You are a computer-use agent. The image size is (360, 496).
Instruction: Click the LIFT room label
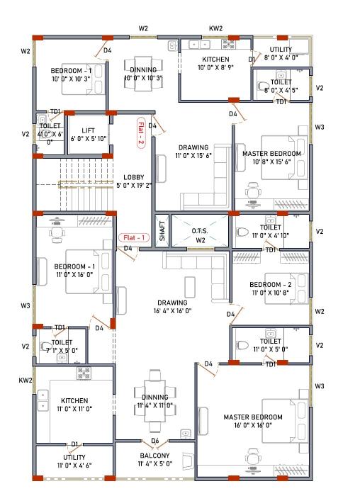[x=88, y=130]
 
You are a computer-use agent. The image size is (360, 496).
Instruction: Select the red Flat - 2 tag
[x=141, y=133]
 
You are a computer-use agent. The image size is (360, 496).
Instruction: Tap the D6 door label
[x=154, y=441]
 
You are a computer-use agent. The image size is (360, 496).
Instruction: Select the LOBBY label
[x=134, y=177]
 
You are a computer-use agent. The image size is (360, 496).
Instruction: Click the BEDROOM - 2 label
[x=270, y=284]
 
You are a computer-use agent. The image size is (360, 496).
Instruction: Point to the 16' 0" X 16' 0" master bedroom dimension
[x=253, y=425]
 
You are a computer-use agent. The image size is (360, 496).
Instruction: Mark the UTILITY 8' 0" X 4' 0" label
[x=281, y=54]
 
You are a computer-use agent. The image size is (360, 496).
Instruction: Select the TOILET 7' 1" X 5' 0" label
[x=61, y=346]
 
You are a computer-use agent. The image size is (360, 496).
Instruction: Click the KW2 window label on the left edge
[x=26, y=381]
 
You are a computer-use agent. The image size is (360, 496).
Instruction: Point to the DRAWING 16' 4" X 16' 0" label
[x=171, y=307]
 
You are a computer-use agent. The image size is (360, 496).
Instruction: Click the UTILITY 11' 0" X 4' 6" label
[x=74, y=461]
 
